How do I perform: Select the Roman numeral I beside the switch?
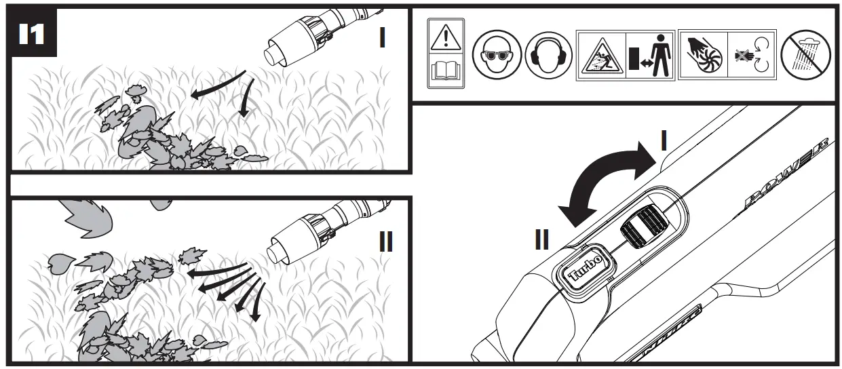click(x=664, y=140)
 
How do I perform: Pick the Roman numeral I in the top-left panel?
click(x=382, y=38)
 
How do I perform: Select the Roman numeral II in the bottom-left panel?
click(x=385, y=241)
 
